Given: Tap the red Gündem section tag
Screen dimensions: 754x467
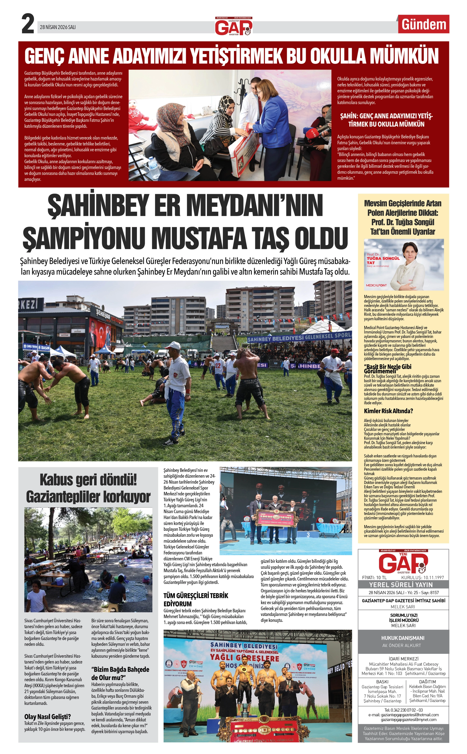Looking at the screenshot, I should pos(424,24).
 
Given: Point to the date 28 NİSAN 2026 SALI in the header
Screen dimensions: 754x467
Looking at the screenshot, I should pos(58,27).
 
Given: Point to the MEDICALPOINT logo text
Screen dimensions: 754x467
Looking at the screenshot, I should pos(376,285).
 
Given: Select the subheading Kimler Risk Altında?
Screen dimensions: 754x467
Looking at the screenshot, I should pos(388,411).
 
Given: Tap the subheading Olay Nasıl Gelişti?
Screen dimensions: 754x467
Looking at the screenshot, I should pos(48,716).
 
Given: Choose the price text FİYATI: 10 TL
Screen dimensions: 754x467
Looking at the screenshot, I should pos(374,577).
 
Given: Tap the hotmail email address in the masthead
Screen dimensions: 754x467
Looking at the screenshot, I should pos(403,714).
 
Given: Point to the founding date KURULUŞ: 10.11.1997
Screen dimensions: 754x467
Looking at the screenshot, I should pos(422,577).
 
